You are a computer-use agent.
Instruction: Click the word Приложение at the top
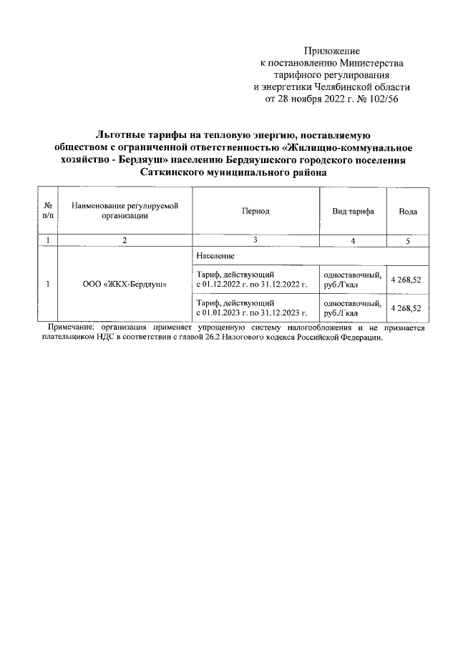331,51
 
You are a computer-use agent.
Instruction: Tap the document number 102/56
381,99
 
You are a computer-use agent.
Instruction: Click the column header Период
255,212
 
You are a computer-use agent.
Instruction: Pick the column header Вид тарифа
353,212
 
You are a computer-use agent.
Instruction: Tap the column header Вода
408,212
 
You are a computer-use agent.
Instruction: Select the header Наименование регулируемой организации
125,211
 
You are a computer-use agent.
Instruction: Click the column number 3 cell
255,240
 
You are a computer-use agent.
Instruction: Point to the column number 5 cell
407,241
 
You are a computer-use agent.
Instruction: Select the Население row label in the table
212,255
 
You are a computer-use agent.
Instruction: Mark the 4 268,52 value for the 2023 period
406,308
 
